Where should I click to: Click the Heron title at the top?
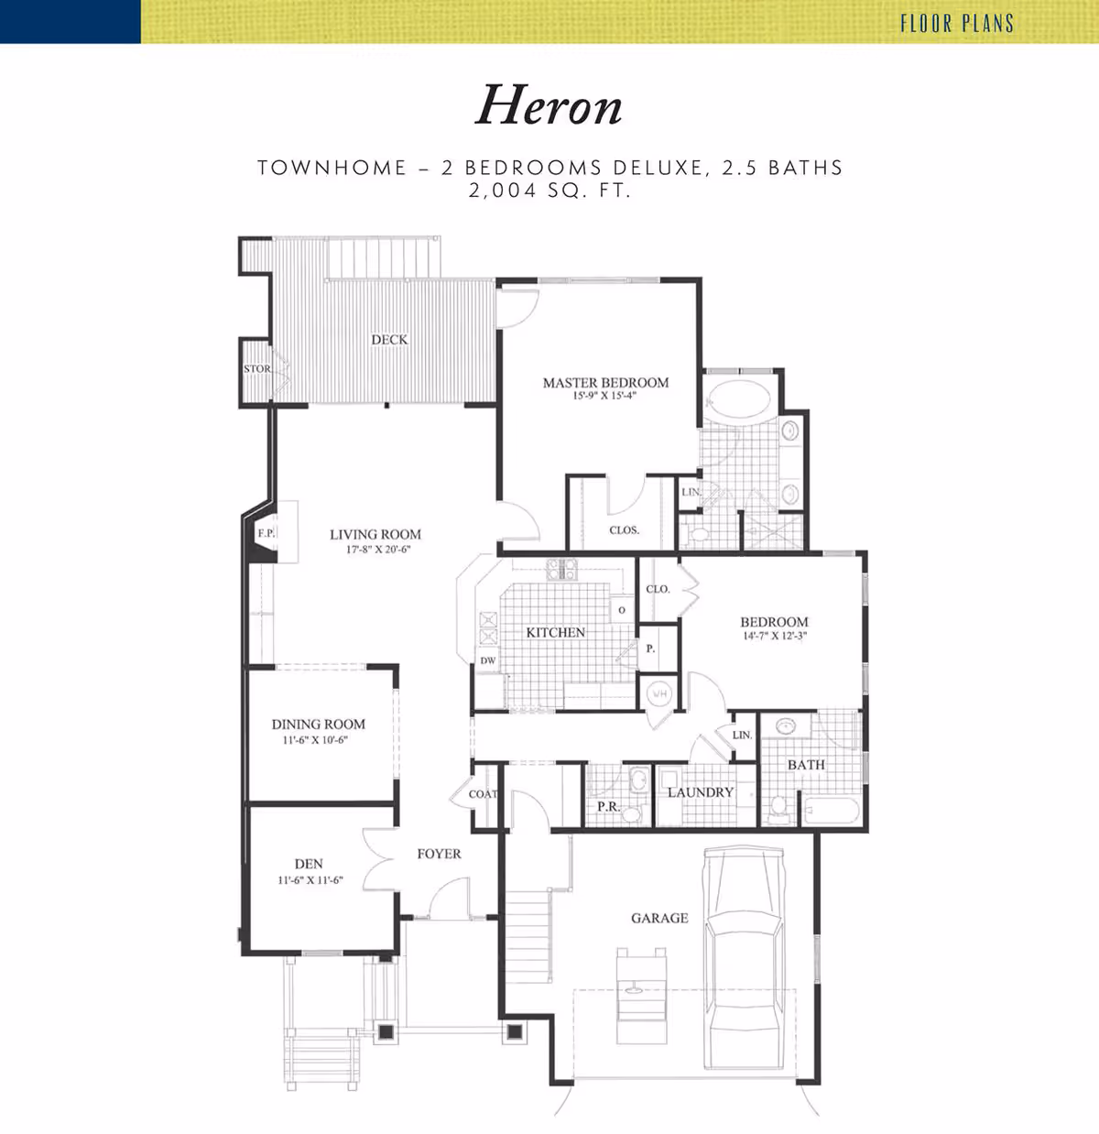pyautogui.click(x=549, y=105)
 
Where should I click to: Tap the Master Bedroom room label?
pyautogui.click(x=605, y=383)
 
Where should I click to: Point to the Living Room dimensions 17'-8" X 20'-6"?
pyautogui.click(x=379, y=549)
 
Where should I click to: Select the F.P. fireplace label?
pyautogui.click(x=266, y=532)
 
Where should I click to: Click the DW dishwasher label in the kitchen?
pyautogui.click(x=488, y=660)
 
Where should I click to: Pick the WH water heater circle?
pyautogui.click(x=659, y=693)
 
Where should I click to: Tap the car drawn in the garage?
pyautogui.click(x=743, y=959)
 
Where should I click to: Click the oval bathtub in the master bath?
pyautogui.click(x=738, y=398)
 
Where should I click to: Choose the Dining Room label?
pyautogui.click(x=318, y=725)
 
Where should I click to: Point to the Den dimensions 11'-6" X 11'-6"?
pyautogui.click(x=310, y=880)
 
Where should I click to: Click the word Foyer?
pyautogui.click(x=439, y=854)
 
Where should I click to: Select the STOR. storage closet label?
pyautogui.click(x=257, y=369)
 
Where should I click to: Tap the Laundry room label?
pyautogui.click(x=701, y=792)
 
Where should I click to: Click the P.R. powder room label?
pyautogui.click(x=608, y=807)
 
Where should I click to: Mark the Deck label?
pyautogui.click(x=389, y=340)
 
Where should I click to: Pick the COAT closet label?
pyautogui.click(x=483, y=794)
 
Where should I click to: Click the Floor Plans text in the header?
pyautogui.click(x=957, y=23)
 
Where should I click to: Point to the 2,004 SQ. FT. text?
pyautogui.click(x=550, y=191)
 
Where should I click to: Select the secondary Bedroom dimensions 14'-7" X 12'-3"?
pyautogui.click(x=775, y=636)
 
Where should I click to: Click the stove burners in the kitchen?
pyautogui.click(x=561, y=569)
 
